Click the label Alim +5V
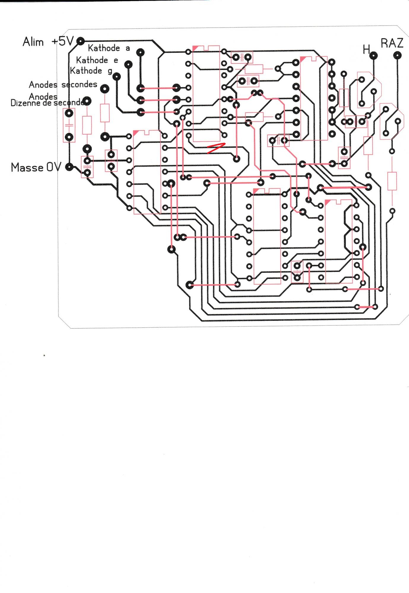coord(47,42)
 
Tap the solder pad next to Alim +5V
coord(80,41)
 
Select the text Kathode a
coord(109,48)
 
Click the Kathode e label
coord(97,60)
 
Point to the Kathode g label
coord(91,71)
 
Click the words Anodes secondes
coord(63,85)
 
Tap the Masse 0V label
coord(36,168)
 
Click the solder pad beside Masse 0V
coord(69,167)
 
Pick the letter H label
coord(366,49)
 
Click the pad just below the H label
coord(373,55)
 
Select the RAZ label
coord(392,43)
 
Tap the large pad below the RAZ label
coord(397,55)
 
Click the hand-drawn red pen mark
coord(216,148)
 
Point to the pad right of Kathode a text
coord(140,53)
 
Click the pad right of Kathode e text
coord(128,64)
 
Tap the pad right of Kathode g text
coord(117,76)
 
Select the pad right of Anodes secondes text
coord(105,88)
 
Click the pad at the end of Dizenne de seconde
coord(87,101)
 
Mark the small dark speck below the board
coord(44,355)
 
